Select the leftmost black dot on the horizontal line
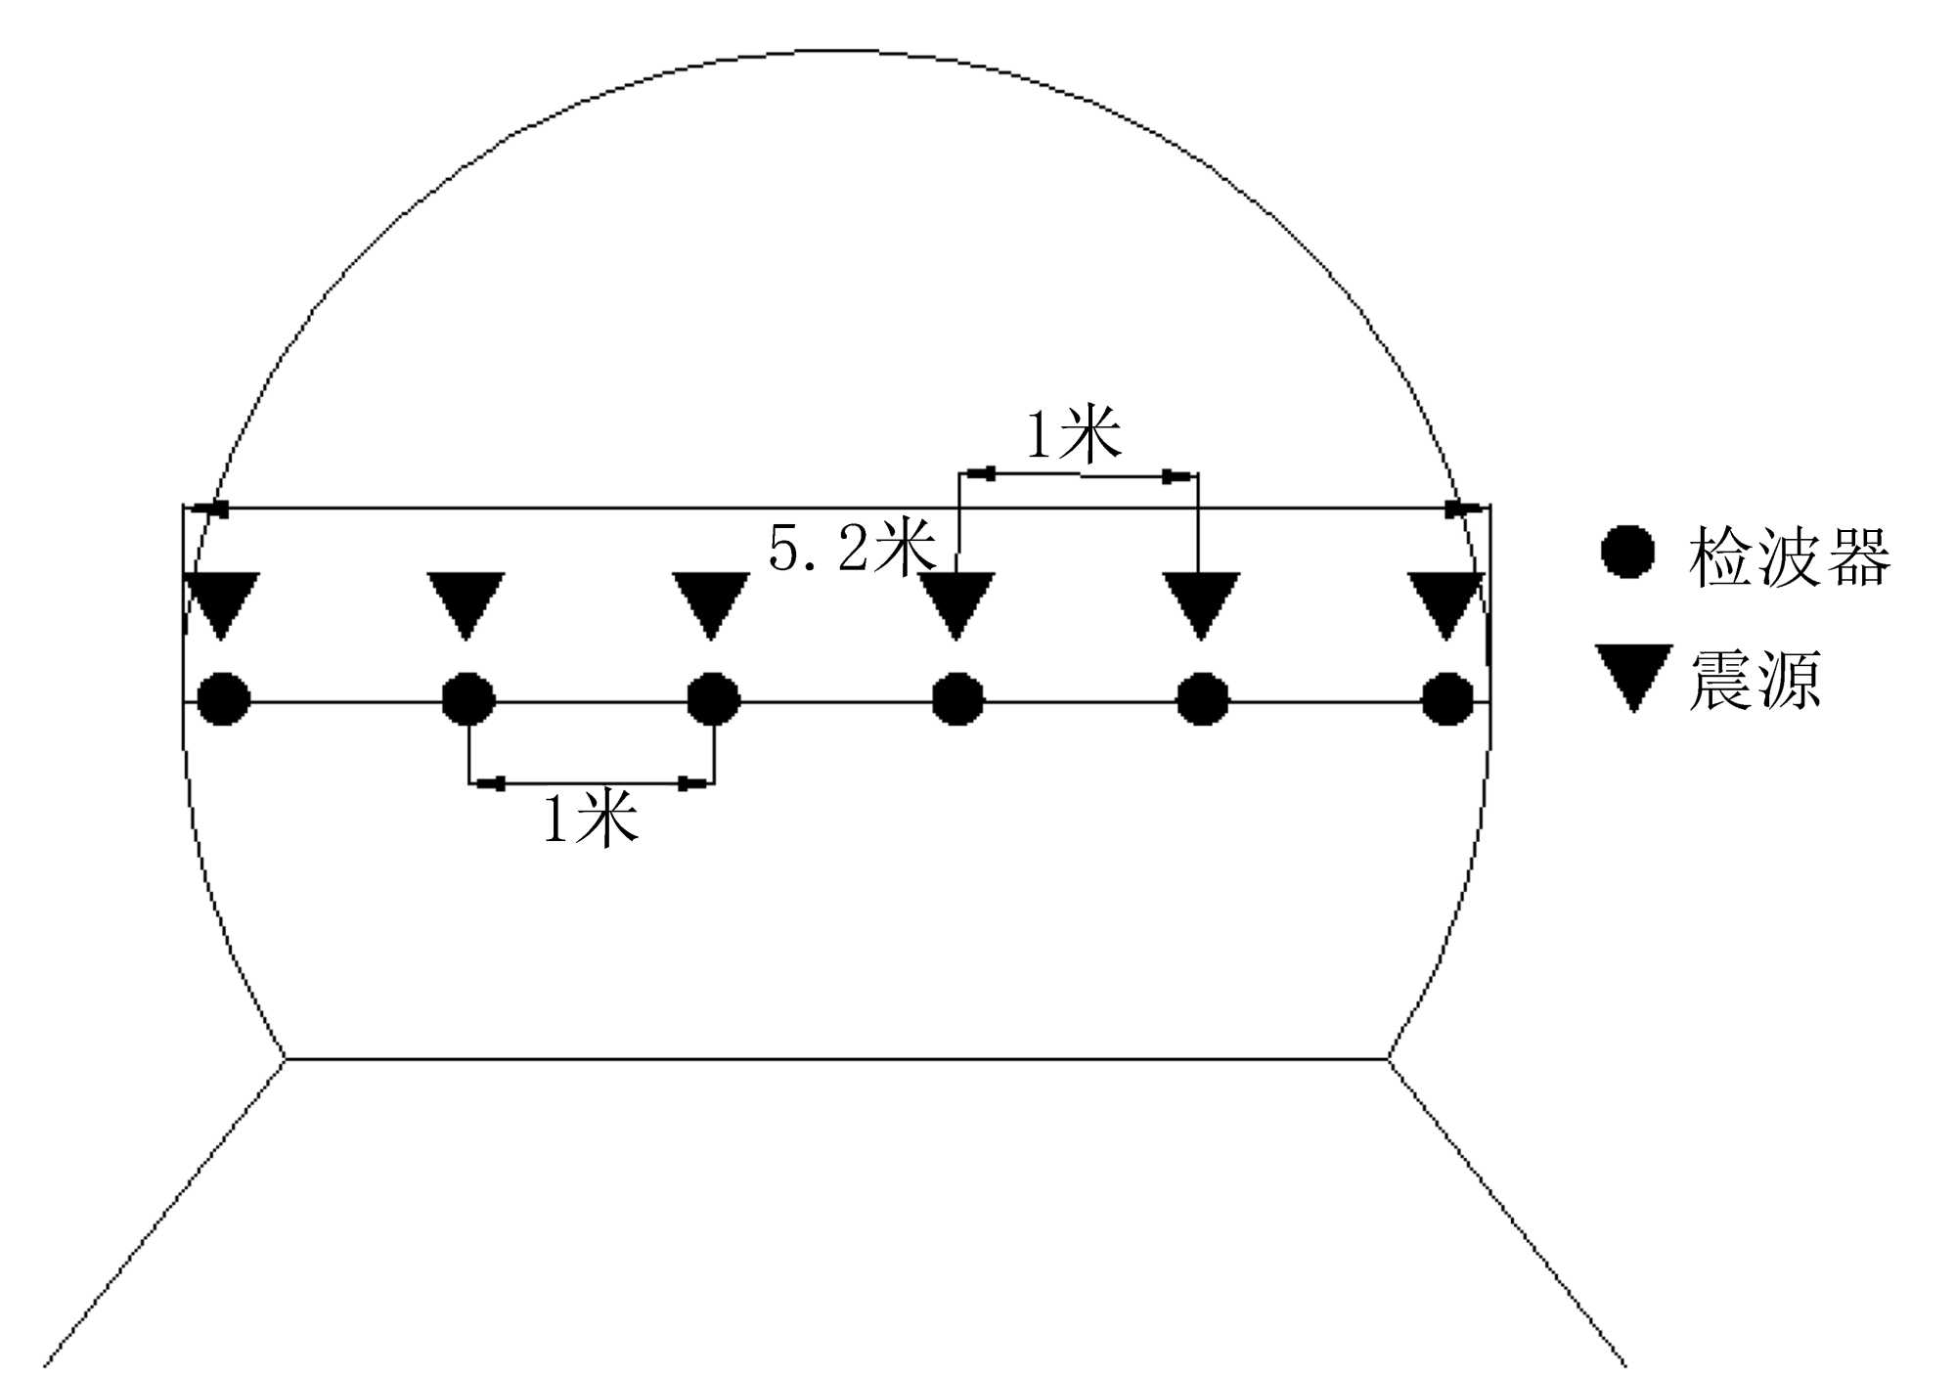[x=224, y=699]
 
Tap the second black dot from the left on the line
[x=468, y=699]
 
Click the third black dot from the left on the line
[x=714, y=699]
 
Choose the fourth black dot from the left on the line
[x=957, y=699]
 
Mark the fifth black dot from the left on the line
[x=1202, y=699]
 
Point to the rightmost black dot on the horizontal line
[x=1447, y=699]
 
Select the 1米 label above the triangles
[x=1073, y=435]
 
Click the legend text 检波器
[x=1790, y=557]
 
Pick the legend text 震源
[x=1755, y=681]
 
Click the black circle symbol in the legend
[x=1627, y=552]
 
